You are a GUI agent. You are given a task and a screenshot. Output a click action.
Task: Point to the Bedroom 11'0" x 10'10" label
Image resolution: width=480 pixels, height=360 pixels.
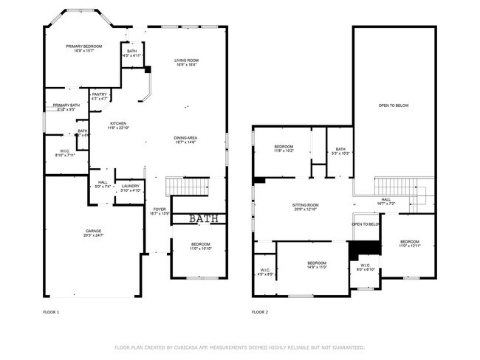point(201,246)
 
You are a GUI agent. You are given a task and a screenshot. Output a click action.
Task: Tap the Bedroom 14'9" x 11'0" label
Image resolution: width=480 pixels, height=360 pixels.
point(317,265)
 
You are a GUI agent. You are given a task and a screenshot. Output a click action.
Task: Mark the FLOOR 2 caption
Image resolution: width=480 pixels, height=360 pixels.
point(260,312)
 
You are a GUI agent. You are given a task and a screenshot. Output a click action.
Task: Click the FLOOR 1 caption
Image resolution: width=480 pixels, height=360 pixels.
point(51,312)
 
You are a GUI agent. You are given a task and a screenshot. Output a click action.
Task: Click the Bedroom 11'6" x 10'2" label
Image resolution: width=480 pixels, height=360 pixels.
point(284,148)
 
